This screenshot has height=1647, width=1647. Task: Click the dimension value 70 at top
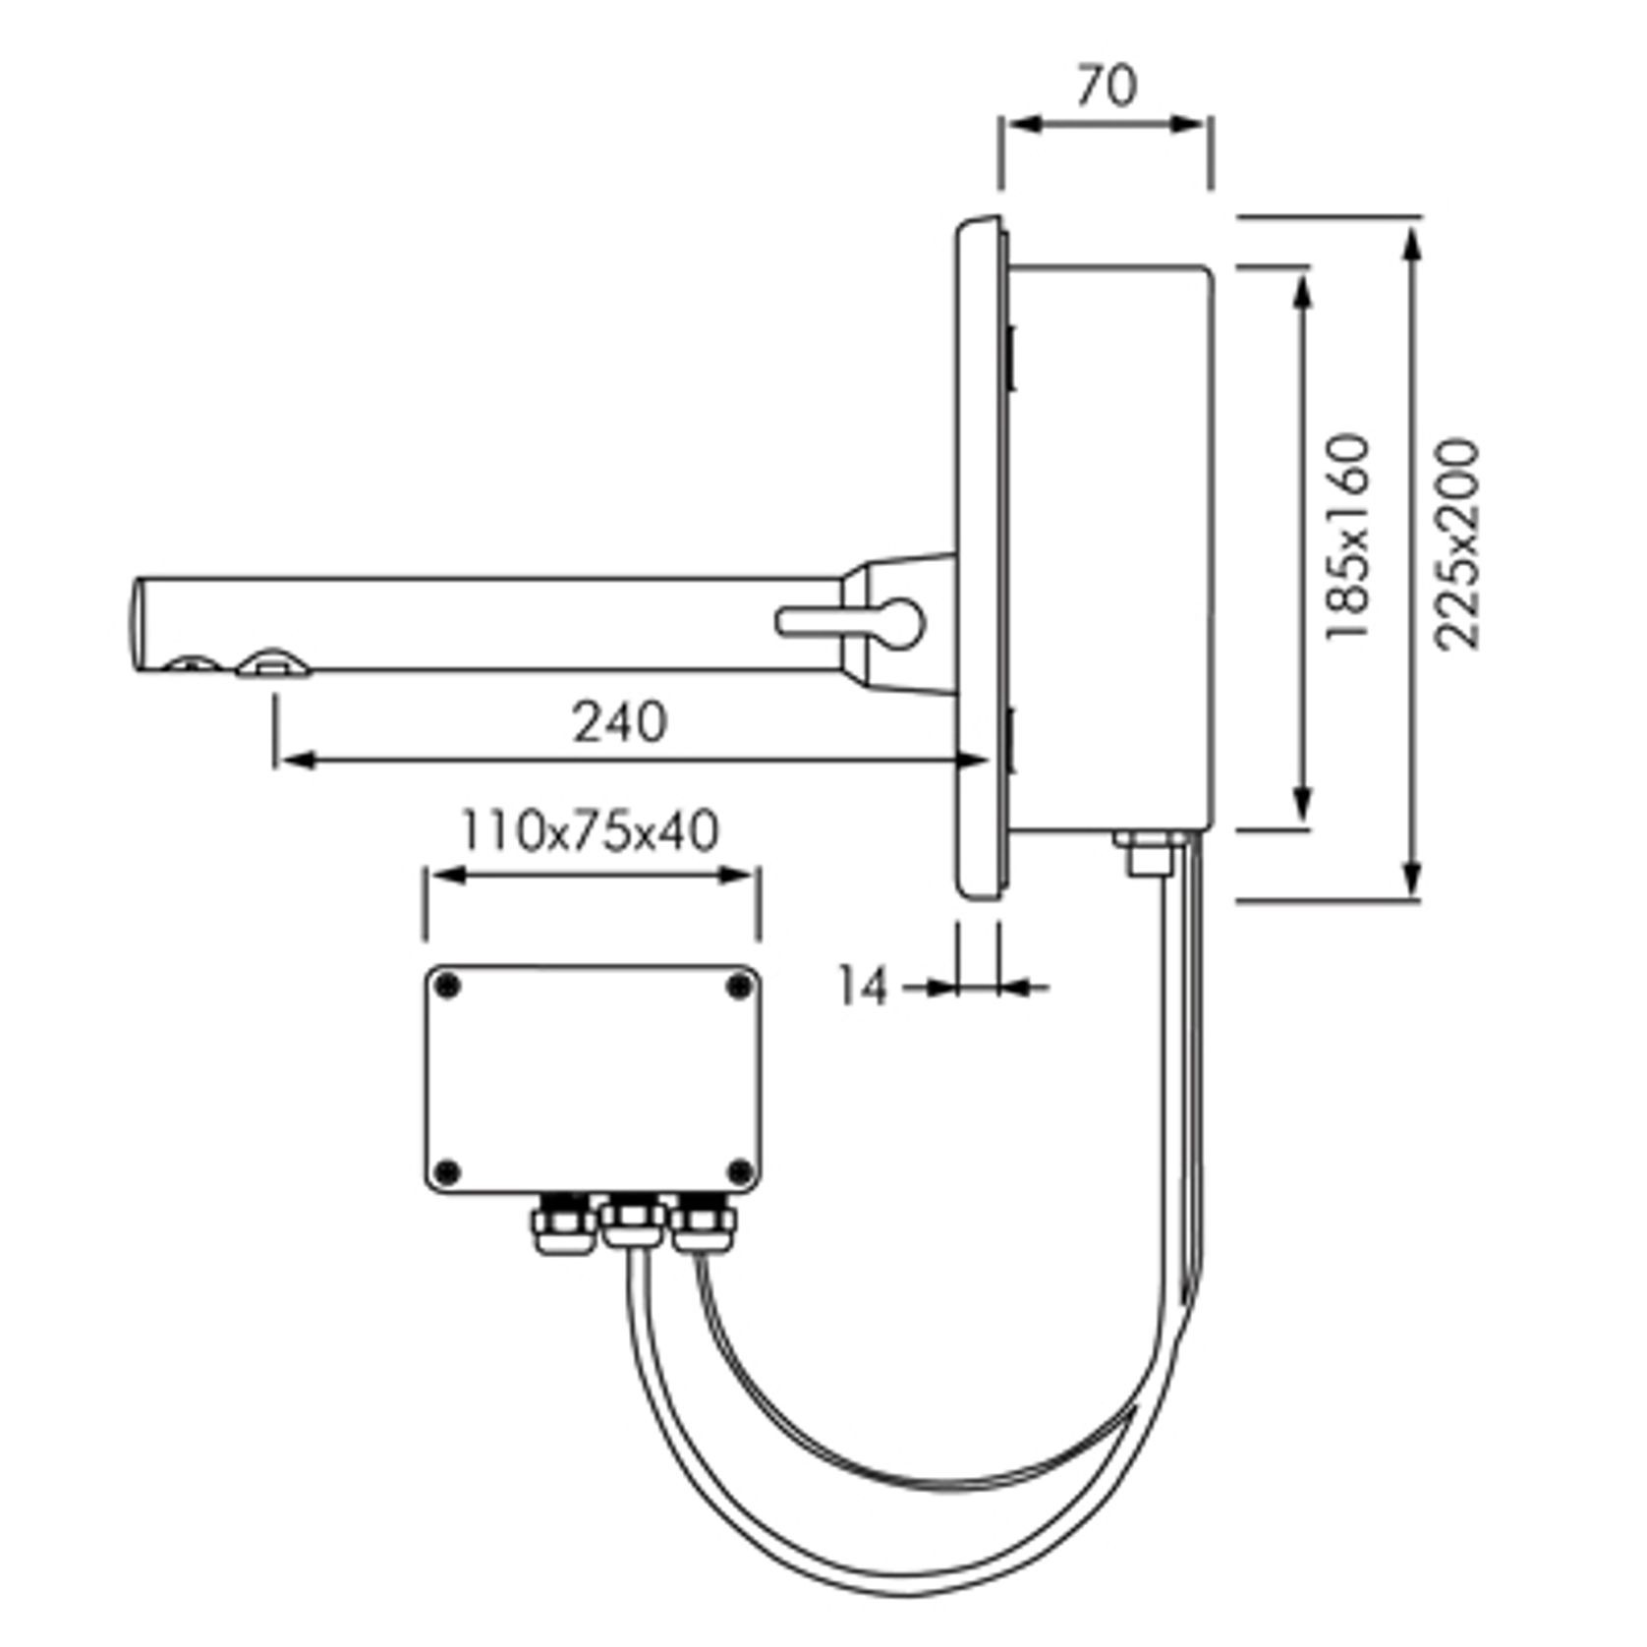1107,85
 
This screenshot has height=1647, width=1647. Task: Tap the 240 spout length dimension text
620,722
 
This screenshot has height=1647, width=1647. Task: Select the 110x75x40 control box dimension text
590,831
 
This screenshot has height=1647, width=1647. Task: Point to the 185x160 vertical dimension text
1347,537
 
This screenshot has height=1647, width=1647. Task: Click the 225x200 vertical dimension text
1456,543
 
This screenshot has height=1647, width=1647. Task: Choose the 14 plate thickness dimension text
862,987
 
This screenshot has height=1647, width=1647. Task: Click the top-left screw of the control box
447,986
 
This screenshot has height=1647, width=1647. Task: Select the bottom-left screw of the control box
447,1170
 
